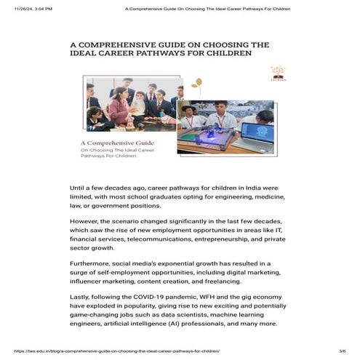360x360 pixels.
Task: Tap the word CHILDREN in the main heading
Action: (230, 54)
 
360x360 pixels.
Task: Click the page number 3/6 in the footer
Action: (342, 351)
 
